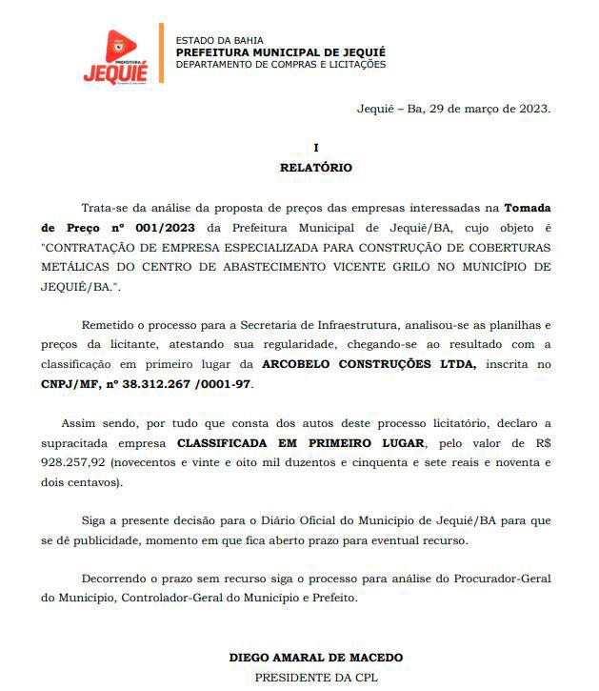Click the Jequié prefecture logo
coord(115,56)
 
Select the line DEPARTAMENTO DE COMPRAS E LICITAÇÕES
coord(281,64)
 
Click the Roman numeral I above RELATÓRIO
coord(315,148)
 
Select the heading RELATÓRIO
coord(315,167)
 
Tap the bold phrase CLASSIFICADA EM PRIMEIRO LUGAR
coord(304,443)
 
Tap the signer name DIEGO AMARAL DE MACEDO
coord(315,658)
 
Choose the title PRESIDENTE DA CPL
coord(315,677)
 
